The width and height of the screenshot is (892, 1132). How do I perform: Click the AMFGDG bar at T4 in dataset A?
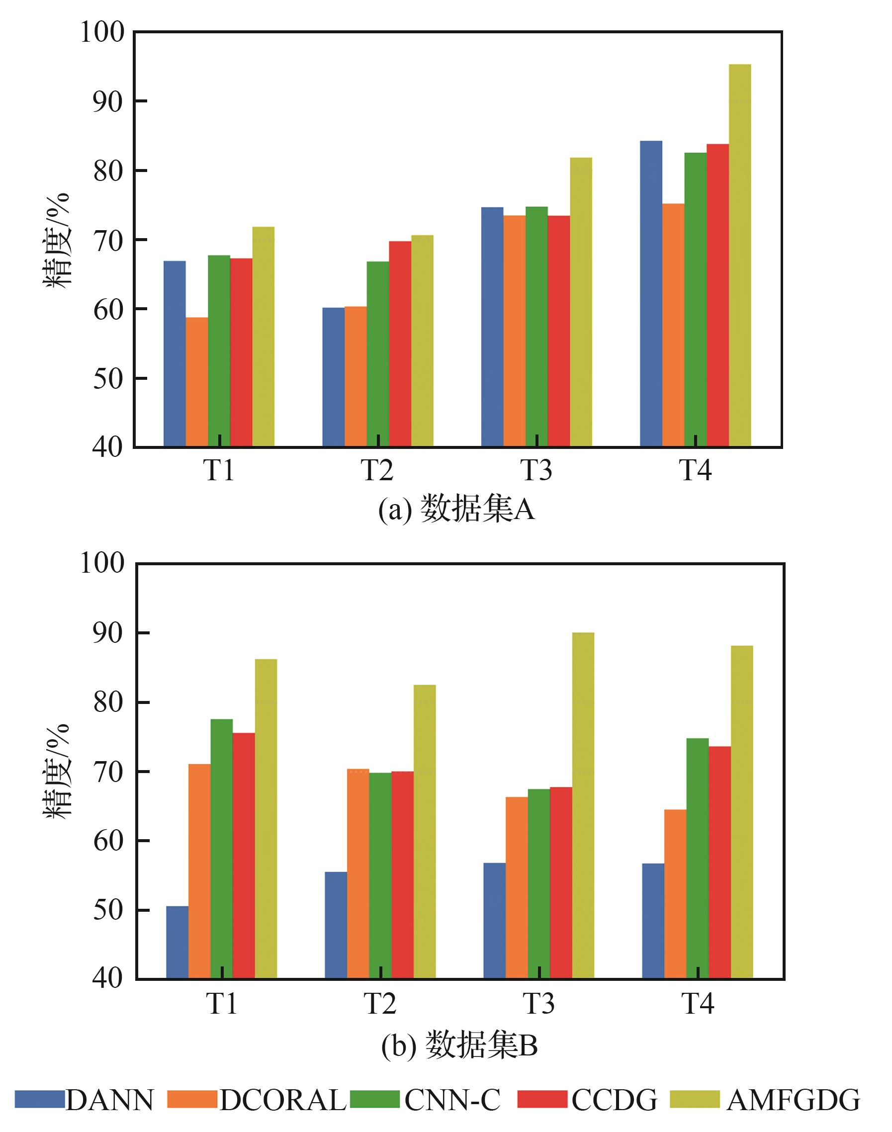[739, 256]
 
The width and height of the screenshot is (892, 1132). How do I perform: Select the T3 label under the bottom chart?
[539, 1003]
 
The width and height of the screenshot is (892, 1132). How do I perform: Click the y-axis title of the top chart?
[56, 240]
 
